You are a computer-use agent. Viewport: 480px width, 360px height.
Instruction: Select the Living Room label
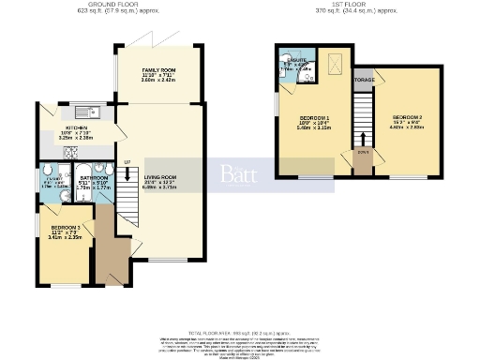point(159,176)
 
